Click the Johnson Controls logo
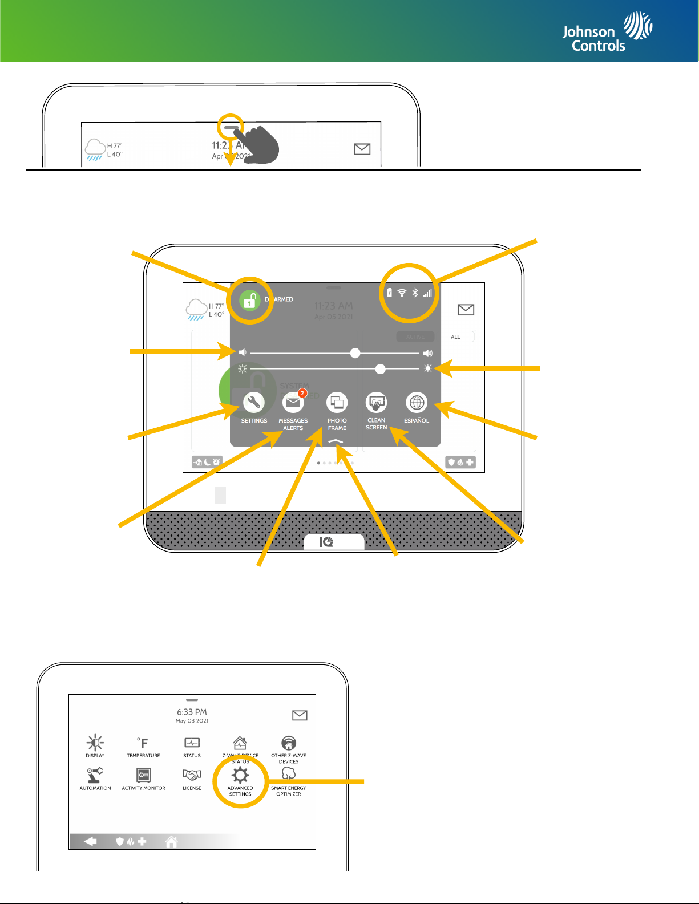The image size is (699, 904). point(607,33)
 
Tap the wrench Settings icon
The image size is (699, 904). point(253,403)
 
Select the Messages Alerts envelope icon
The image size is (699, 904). point(293,403)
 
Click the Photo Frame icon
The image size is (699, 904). point(337,403)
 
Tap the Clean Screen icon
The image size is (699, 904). point(376,403)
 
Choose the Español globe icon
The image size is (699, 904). point(417,403)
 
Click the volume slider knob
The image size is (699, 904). point(355,353)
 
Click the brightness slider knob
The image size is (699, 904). point(381,369)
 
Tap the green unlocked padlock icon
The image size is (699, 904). point(249,300)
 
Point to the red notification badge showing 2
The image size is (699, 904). point(302,393)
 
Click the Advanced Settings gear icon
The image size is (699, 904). point(240,775)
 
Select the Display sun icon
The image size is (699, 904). point(95,743)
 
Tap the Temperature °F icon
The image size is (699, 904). point(143,743)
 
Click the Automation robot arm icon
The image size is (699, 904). point(95,775)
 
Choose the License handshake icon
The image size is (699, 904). point(192,775)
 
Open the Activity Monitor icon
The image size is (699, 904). point(143,775)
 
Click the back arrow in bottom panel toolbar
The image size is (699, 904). point(90,841)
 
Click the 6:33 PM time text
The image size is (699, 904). point(192,712)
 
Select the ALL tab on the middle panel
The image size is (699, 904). point(455,337)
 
